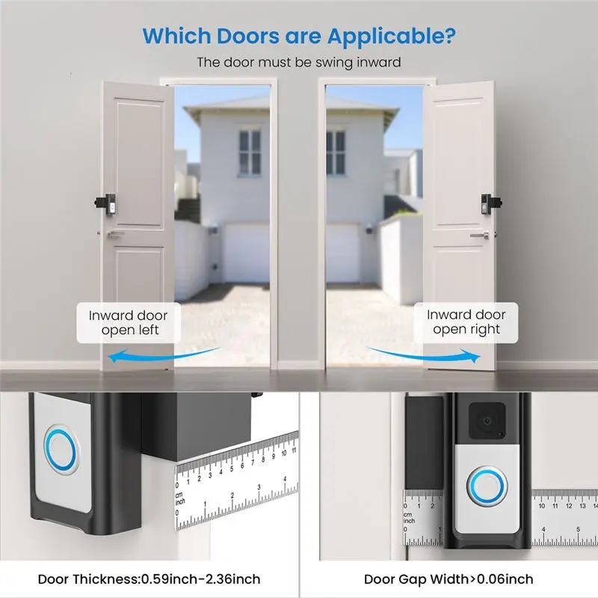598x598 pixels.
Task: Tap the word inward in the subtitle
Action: (378, 62)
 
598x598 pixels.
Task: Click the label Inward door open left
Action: (129, 323)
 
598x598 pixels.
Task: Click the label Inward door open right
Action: (466, 322)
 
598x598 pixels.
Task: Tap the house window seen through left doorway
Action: (250, 153)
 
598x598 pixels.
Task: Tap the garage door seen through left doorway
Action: (247, 253)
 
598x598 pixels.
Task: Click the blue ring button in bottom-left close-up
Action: (61, 450)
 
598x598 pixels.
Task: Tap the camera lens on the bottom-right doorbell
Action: (487, 421)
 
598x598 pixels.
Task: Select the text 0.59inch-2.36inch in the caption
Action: (201, 579)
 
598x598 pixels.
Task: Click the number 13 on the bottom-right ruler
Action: (582, 506)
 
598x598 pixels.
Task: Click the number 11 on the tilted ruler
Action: (294, 451)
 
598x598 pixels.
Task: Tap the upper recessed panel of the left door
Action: (140, 162)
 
